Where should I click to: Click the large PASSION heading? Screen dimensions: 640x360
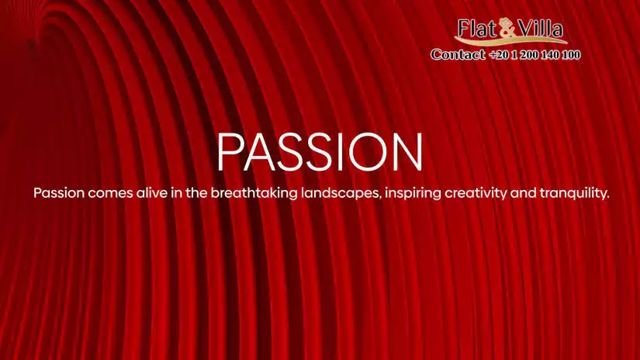click(x=320, y=152)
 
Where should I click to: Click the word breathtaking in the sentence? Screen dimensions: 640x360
click(x=254, y=192)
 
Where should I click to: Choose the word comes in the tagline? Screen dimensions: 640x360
click(x=110, y=193)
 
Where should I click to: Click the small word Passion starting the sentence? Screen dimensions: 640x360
click(x=59, y=192)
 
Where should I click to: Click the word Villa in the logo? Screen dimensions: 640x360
click(x=541, y=29)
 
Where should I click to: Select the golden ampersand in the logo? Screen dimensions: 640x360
click(x=507, y=29)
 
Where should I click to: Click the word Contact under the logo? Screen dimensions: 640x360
click(x=458, y=54)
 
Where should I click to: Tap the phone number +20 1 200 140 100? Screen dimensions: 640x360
click(x=534, y=54)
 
